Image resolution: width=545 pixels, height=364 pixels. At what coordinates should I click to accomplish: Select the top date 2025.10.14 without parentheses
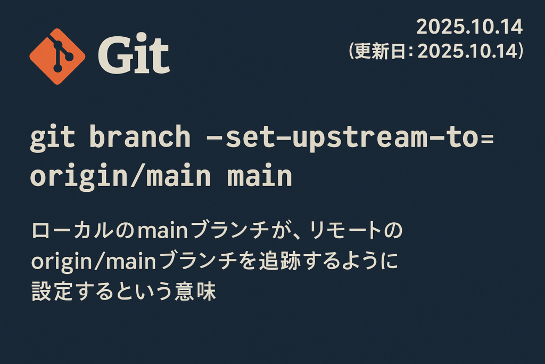click(x=469, y=27)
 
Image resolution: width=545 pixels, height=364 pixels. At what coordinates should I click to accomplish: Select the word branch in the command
click(x=139, y=137)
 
